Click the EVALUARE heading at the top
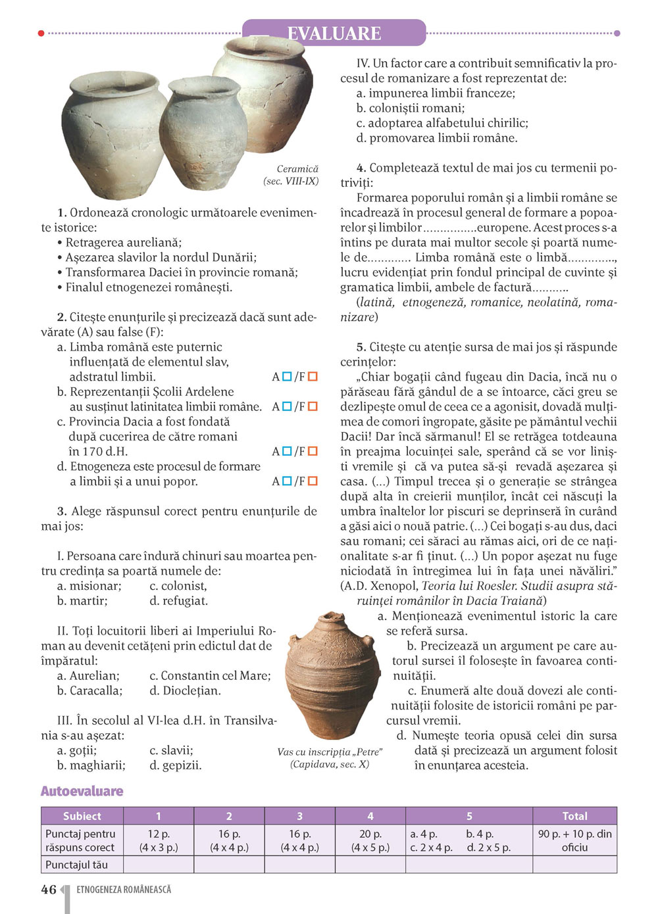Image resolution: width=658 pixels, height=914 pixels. (x=334, y=34)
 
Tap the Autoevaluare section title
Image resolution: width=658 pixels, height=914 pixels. (x=82, y=791)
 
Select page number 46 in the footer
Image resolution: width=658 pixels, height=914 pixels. (x=49, y=890)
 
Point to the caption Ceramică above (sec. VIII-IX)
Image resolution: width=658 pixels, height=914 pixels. (x=297, y=169)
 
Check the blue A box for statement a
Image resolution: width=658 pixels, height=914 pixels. (x=287, y=377)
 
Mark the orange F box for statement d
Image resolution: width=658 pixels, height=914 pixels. (x=313, y=481)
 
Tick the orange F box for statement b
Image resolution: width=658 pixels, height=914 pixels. (x=313, y=406)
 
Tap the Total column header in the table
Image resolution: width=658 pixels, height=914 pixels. (x=574, y=816)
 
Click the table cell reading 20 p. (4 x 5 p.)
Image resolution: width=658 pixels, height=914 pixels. (x=370, y=840)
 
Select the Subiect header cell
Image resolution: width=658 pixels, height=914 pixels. (x=82, y=816)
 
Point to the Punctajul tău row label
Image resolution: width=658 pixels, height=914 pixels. (x=76, y=865)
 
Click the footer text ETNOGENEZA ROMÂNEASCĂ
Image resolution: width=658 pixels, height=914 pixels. (x=124, y=890)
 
